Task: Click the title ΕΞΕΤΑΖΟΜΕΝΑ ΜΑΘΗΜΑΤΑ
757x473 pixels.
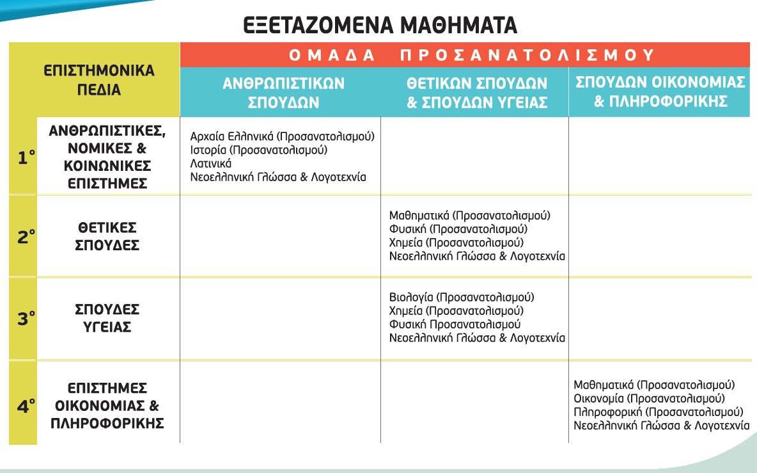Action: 380,25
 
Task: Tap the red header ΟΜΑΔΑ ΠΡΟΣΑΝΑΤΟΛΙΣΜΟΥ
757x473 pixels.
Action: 465,55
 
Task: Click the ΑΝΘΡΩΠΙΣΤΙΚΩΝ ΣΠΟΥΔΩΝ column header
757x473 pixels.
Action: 283,92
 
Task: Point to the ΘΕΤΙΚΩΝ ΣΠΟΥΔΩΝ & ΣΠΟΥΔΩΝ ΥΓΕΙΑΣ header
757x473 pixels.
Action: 477,92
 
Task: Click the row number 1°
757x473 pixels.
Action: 25,157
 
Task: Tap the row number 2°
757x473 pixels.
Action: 25,236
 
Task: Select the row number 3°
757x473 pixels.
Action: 25,318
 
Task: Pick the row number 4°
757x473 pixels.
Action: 25,405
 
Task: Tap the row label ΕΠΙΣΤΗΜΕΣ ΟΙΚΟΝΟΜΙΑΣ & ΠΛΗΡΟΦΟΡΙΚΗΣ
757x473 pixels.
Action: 108,406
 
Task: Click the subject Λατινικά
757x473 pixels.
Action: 211,164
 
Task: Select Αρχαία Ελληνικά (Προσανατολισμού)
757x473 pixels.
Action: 282,136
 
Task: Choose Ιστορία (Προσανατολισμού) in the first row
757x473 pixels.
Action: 259,150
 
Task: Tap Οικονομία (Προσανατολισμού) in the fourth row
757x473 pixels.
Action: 649,398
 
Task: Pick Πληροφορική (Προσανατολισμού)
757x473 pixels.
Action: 658,412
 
